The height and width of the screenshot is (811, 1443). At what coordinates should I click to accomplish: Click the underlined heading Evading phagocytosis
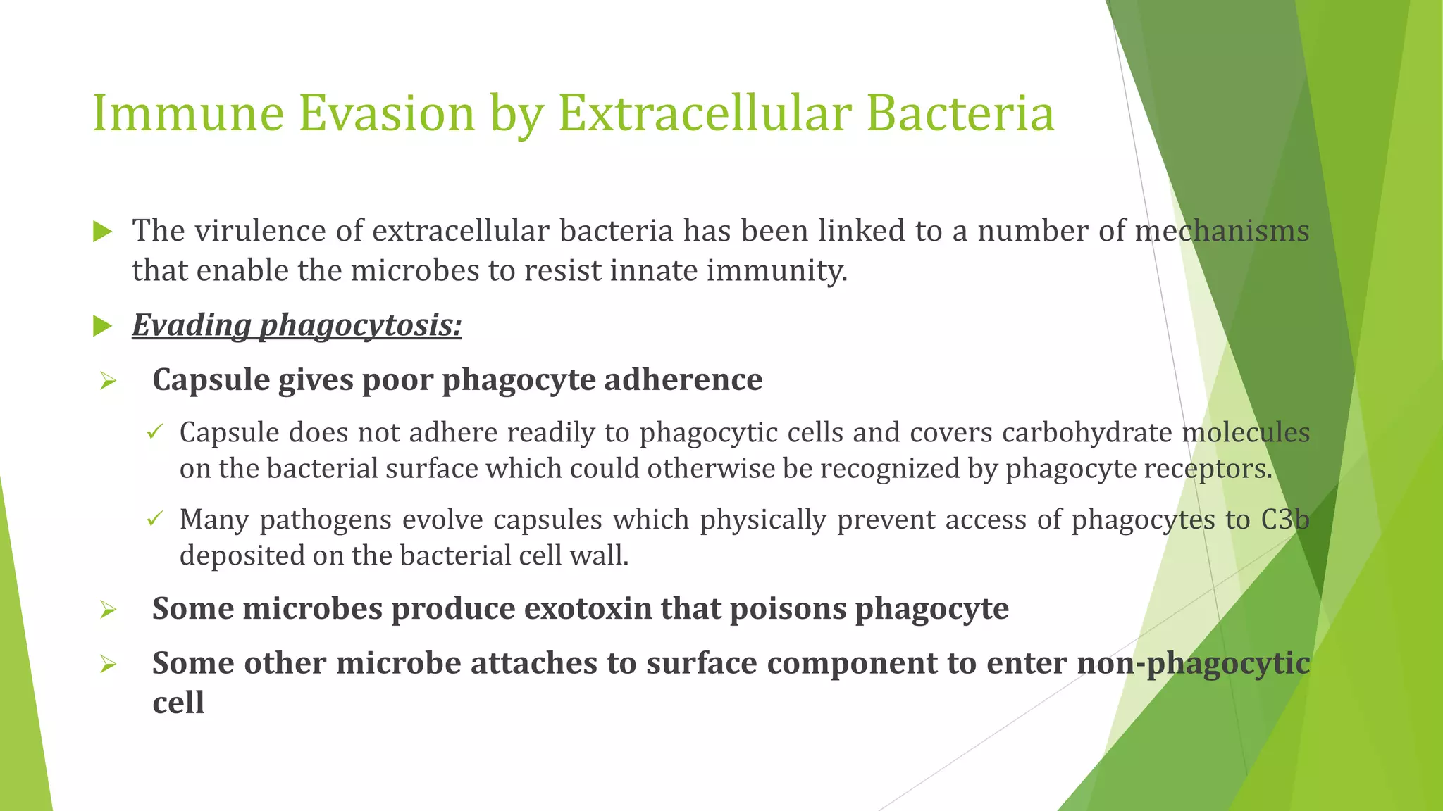click(x=297, y=325)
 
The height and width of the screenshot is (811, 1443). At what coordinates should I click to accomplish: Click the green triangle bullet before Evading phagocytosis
click(x=103, y=326)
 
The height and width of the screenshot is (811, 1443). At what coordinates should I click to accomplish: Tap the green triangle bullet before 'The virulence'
click(x=103, y=232)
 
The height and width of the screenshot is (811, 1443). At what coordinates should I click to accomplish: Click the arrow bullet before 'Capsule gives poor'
click(x=108, y=382)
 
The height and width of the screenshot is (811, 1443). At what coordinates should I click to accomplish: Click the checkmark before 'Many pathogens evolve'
click(x=155, y=520)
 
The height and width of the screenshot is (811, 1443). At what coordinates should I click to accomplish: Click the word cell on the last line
click(x=178, y=703)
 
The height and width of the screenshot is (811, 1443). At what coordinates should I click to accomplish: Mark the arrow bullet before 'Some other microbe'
click(x=108, y=665)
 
